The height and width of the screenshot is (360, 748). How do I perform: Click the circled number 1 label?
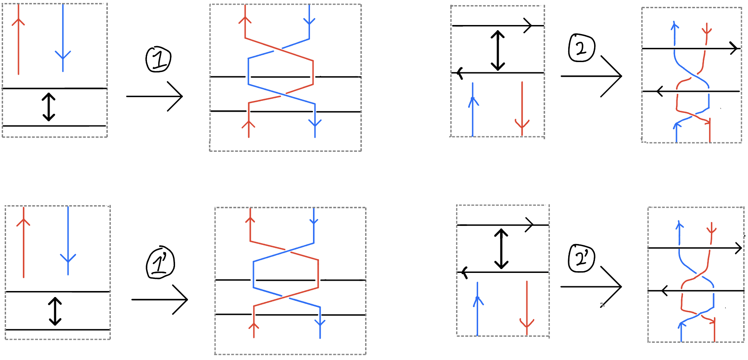pos(159,59)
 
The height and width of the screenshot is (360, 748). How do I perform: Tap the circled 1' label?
pos(160,263)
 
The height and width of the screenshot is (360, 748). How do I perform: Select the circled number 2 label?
pos(582,48)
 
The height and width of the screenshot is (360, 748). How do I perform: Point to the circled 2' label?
pos(582,258)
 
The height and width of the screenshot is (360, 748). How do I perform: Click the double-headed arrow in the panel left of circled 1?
pos(49,107)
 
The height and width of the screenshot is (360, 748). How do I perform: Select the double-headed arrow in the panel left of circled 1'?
pos(55,311)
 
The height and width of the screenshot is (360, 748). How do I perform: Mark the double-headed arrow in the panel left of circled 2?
pos(498,50)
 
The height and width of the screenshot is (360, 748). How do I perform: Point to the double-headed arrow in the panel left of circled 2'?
pos(501,249)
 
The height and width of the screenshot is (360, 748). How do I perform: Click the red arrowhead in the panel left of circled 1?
pos(18,21)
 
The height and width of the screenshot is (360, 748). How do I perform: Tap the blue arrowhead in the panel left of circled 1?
pos(63,56)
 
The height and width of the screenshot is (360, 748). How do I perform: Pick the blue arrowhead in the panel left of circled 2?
pos(473,101)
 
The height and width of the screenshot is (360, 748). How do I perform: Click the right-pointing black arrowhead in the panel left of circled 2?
pos(529,26)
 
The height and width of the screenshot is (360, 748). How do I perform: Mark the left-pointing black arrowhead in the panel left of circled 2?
pos(460,73)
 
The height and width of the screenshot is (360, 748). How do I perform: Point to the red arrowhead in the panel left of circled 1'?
pos(23,222)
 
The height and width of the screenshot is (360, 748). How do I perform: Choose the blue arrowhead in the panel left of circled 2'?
pos(478,300)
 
